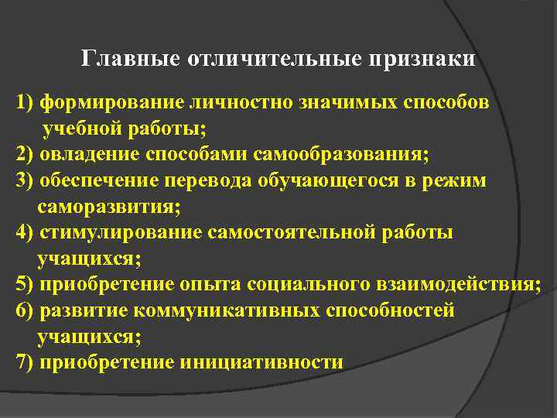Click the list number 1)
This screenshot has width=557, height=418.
coord(24,102)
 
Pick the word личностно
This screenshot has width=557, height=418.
coord(232,102)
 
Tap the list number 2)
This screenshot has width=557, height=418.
coord(24,153)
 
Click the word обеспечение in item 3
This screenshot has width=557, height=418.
coord(97,180)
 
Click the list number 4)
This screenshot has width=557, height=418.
coord(24,232)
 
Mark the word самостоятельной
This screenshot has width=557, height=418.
coord(291,232)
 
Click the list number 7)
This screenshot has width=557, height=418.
coord(24,362)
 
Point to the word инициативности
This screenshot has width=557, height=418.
coord(261,362)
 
